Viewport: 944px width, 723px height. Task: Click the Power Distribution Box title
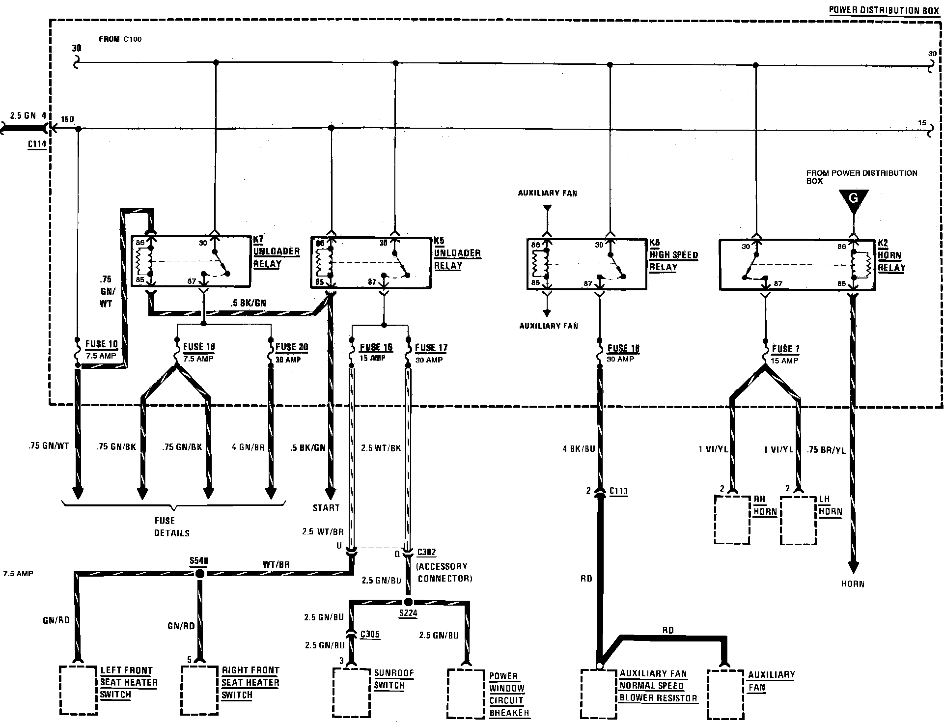pos(884,10)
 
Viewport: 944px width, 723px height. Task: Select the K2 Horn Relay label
pos(891,256)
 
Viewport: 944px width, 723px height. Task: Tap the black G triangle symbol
pos(853,200)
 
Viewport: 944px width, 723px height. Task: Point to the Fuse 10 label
pos(102,344)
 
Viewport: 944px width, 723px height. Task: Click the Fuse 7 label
pos(785,349)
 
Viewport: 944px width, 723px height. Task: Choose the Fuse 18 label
pos(623,348)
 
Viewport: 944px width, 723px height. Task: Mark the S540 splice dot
pos(199,574)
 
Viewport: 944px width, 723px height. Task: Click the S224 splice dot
pos(408,602)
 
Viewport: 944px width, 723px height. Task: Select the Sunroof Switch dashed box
pos(351,692)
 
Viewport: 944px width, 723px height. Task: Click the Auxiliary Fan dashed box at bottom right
pos(725,694)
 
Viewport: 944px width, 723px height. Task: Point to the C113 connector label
pos(618,491)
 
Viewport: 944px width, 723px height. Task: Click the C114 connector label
pos(37,144)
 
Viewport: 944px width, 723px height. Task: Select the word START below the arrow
pos(326,507)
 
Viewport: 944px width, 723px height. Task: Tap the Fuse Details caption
pos(171,527)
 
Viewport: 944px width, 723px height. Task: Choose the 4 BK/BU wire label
pos(579,448)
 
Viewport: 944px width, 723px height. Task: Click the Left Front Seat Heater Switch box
pos(78,690)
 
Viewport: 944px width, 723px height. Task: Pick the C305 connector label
pos(369,634)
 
